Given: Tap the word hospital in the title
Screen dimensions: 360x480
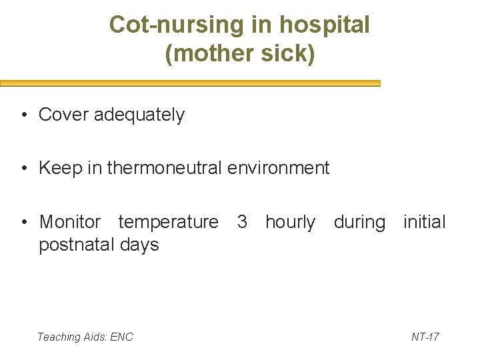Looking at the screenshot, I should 325,25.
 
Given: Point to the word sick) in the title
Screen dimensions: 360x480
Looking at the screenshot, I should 287,54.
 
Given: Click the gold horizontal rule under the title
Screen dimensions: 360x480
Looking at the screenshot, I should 190,83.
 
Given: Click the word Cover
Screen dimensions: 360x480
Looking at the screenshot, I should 64,115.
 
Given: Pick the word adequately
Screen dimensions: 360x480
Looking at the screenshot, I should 139,115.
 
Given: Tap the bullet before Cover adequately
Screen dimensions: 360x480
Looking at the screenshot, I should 23,115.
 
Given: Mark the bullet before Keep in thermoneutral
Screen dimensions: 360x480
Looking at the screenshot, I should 23,169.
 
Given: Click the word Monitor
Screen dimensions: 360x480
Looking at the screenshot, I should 70,221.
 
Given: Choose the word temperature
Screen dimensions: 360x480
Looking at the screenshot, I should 168,221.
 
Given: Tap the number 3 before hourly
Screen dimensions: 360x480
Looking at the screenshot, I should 243,221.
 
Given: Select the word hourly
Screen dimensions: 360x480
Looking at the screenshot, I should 290,221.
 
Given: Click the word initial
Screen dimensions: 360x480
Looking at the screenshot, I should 425,221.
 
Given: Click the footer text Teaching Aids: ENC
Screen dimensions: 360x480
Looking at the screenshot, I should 85,337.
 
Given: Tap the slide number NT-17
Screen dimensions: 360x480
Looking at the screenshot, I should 425,337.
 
